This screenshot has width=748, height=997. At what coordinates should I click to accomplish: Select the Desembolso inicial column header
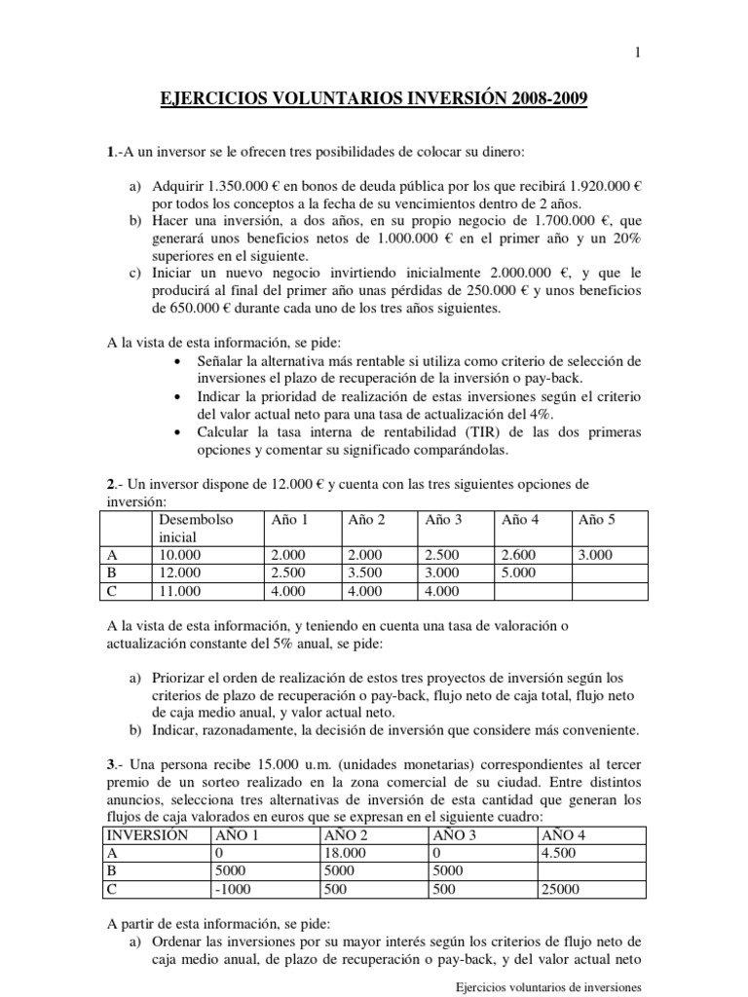[x=195, y=528]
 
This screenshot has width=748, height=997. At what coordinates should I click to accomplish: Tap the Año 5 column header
[x=597, y=520]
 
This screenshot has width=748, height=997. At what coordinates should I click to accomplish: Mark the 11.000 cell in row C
[x=176, y=590]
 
